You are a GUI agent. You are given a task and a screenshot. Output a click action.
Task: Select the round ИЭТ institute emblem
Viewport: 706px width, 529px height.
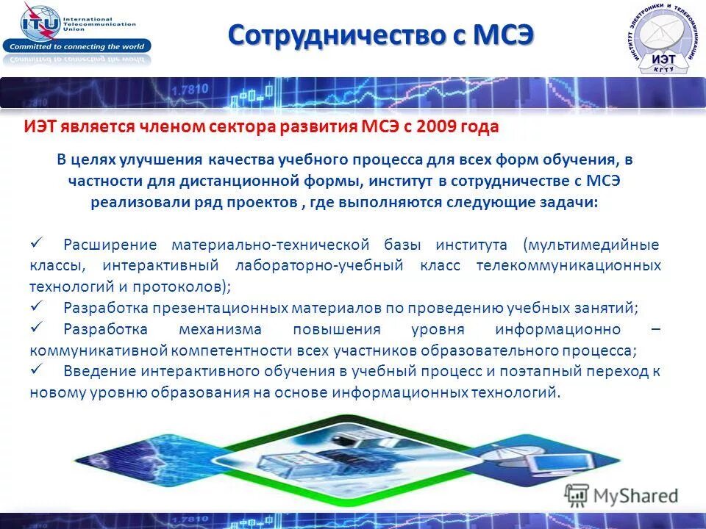(x=662, y=40)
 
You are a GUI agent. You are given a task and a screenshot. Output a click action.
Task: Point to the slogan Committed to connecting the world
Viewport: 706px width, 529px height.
(x=76, y=46)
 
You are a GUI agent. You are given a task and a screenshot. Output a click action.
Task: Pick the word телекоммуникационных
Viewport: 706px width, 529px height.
(x=568, y=265)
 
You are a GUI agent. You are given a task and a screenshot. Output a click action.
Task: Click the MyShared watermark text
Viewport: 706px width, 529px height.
(x=635, y=496)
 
